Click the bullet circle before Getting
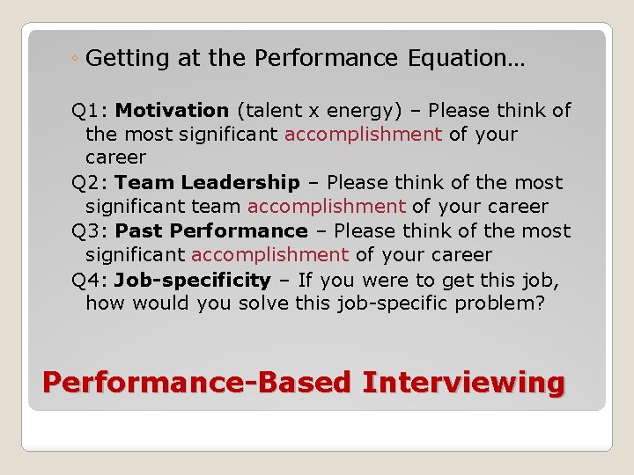point(77,59)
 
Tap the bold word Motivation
point(172,111)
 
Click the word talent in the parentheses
point(270,111)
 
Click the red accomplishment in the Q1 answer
point(363,135)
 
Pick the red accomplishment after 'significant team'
point(326,207)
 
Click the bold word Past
point(140,231)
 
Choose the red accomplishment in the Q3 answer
point(269,255)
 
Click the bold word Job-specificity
point(192,280)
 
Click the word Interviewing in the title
point(463,384)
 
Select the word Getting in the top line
point(128,59)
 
